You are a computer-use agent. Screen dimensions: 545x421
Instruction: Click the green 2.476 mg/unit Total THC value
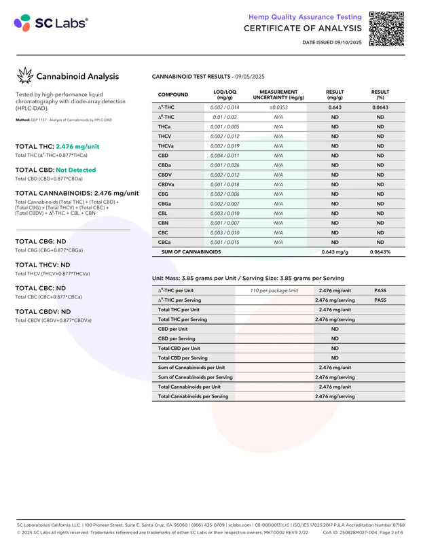coord(77,146)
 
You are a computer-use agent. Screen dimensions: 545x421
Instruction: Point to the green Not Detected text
coord(76,170)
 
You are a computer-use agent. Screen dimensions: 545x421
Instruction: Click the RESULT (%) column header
coord(380,94)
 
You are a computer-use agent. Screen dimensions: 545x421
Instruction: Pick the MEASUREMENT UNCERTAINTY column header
coord(278,94)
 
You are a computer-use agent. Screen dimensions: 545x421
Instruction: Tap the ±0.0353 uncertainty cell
coord(278,107)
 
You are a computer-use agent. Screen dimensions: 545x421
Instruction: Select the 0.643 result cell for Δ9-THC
coord(334,107)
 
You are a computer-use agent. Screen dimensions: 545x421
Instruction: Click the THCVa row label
coord(166,146)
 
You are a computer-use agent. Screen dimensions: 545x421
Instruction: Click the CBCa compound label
coord(164,242)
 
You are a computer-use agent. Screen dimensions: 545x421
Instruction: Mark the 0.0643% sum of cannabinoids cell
coord(380,252)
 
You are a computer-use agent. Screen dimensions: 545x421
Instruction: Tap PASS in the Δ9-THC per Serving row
coord(380,300)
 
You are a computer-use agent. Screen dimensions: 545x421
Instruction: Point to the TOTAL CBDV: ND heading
coord(43,312)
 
